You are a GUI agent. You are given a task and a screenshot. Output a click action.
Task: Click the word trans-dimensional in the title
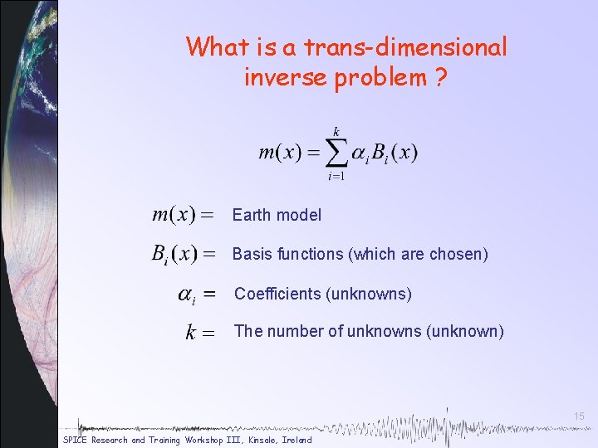[397, 47]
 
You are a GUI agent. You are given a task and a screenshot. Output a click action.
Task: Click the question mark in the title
[440, 79]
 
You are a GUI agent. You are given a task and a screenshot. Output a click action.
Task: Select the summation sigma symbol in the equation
[336, 153]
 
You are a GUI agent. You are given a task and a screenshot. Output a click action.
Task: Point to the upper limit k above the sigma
[336, 131]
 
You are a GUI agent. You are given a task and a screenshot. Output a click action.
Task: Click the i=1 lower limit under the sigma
[336, 176]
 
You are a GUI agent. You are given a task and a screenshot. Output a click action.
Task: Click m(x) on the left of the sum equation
[278, 153]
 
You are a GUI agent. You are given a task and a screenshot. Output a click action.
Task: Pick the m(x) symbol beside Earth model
[174, 215]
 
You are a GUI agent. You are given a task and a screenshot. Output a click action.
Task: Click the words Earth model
[277, 215]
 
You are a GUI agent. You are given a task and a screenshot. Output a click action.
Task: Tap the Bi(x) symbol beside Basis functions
[174, 255]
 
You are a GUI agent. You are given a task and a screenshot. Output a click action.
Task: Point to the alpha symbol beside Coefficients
[188, 295]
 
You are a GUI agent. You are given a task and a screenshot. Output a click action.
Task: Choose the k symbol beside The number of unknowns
[191, 333]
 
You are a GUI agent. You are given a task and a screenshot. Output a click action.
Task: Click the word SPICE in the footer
[76, 440]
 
